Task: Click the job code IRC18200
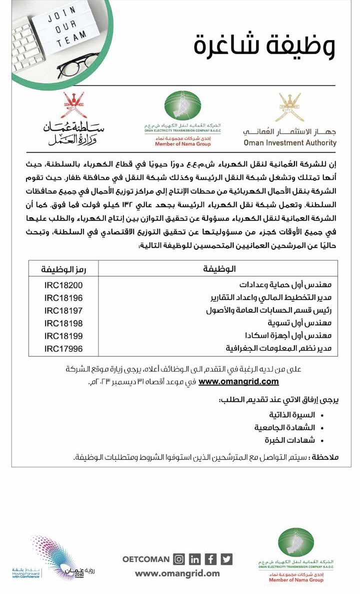click(63, 285)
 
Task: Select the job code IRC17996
click(63, 349)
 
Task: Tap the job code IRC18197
click(63, 311)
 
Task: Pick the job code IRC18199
click(63, 336)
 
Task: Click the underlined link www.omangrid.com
click(238, 382)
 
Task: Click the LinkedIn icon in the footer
click(195, 559)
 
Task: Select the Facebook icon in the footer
click(211, 559)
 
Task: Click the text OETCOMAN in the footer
click(146, 559)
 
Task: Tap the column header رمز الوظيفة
click(63, 270)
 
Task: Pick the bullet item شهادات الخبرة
click(290, 440)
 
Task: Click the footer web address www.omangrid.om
click(177, 573)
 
